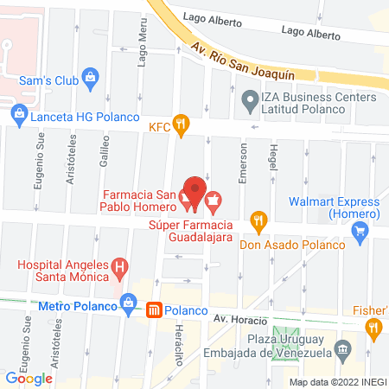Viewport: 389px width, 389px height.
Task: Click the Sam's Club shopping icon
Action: click(89, 80)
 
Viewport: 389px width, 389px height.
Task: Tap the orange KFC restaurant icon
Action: click(180, 125)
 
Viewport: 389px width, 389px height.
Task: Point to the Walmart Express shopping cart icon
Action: click(362, 231)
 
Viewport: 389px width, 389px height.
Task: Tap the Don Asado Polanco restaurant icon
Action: click(257, 220)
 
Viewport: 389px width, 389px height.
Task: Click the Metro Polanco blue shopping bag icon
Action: click(129, 303)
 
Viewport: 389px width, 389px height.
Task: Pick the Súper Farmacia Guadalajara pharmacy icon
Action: click(213, 204)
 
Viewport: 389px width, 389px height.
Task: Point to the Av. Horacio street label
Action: click(242, 318)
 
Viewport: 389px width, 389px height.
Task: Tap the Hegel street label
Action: click(273, 159)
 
